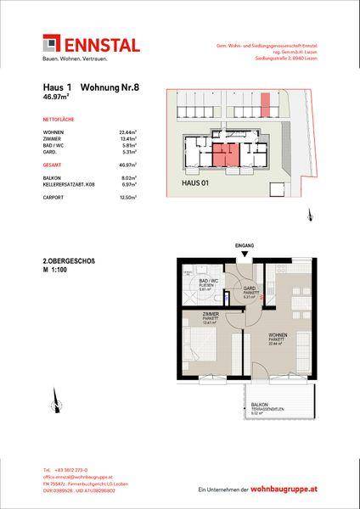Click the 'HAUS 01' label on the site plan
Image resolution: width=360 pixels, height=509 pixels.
coord(197,181)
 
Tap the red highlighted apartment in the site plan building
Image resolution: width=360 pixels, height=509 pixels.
coord(225,154)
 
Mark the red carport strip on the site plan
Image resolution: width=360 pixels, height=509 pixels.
coord(264,107)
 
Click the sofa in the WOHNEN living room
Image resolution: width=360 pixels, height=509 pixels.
coord(299,356)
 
